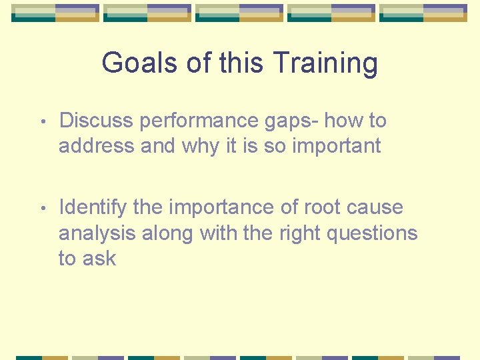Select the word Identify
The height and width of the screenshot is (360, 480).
coord(93,208)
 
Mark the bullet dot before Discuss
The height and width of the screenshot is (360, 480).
coord(41,122)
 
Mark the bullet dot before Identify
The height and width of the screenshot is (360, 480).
coord(41,209)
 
